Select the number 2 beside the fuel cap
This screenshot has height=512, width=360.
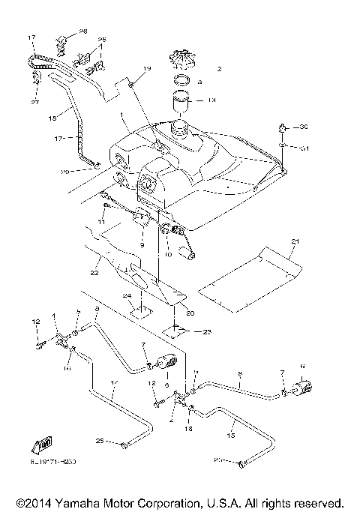pos(219,69)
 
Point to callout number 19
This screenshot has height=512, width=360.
pos(147,69)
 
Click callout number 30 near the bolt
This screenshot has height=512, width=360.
pos(304,127)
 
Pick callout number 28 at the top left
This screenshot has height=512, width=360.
pos(83,31)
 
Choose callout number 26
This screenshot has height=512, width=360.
pos(102,40)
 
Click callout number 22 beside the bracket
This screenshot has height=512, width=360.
pos(94,274)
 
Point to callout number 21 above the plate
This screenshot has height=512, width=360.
pos(295,241)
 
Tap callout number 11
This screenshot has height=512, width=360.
pos(100,222)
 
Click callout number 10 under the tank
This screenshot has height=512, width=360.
pos(168,254)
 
